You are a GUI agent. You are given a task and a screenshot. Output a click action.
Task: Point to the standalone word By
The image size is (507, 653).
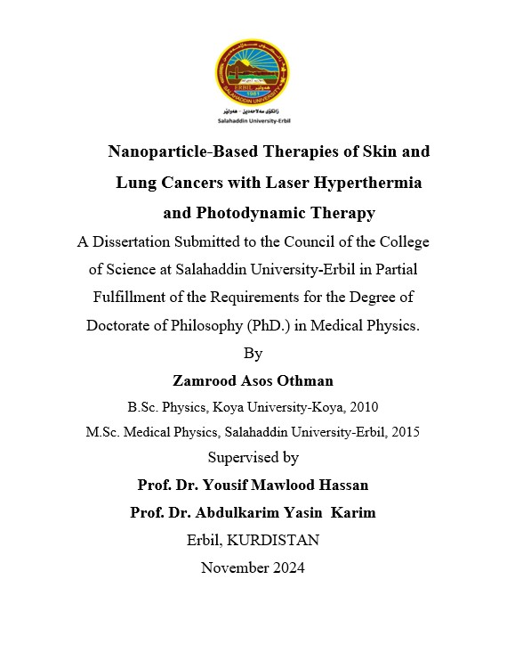click(x=253, y=353)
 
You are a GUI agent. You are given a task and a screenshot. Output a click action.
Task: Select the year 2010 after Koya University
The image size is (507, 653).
click(x=363, y=407)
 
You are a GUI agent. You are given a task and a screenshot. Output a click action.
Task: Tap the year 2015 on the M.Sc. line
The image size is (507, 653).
click(x=404, y=432)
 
